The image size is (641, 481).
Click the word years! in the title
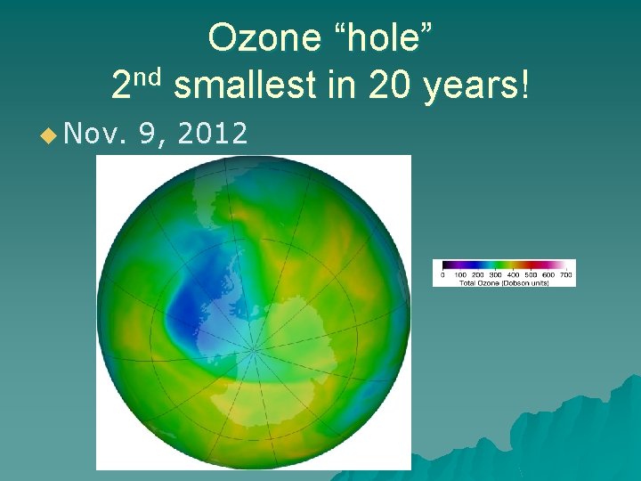(x=479, y=86)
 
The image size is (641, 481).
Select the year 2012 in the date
(x=212, y=135)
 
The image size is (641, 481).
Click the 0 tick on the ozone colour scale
(x=443, y=275)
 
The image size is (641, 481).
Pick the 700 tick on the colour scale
(x=565, y=275)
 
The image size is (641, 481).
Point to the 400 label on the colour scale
(x=513, y=275)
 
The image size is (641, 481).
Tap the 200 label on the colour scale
(x=478, y=275)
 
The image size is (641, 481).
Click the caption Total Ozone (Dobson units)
(x=504, y=282)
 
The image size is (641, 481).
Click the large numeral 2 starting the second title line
(x=122, y=86)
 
